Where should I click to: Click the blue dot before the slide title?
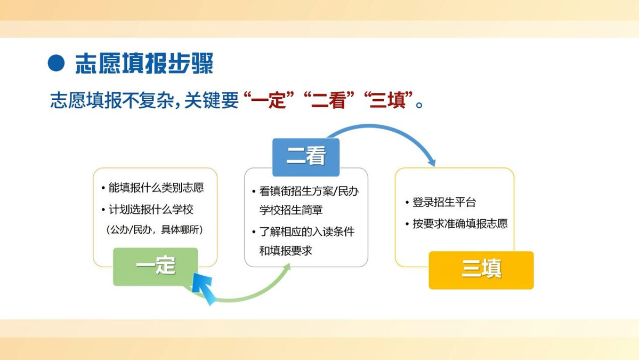click(56, 63)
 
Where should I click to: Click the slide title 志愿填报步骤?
click(144, 63)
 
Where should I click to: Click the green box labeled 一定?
click(155, 267)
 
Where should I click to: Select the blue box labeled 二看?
click(306, 157)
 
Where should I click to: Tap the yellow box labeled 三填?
click(481, 270)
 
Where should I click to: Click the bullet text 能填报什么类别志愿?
click(156, 188)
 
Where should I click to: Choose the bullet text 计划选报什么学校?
click(151, 210)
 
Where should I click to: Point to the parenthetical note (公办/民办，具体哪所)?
click(155, 229)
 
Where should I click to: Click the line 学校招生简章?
click(291, 210)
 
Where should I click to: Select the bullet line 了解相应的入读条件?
click(307, 231)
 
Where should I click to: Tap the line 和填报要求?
click(286, 251)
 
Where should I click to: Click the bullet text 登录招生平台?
click(444, 202)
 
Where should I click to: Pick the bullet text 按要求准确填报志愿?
click(460, 223)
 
